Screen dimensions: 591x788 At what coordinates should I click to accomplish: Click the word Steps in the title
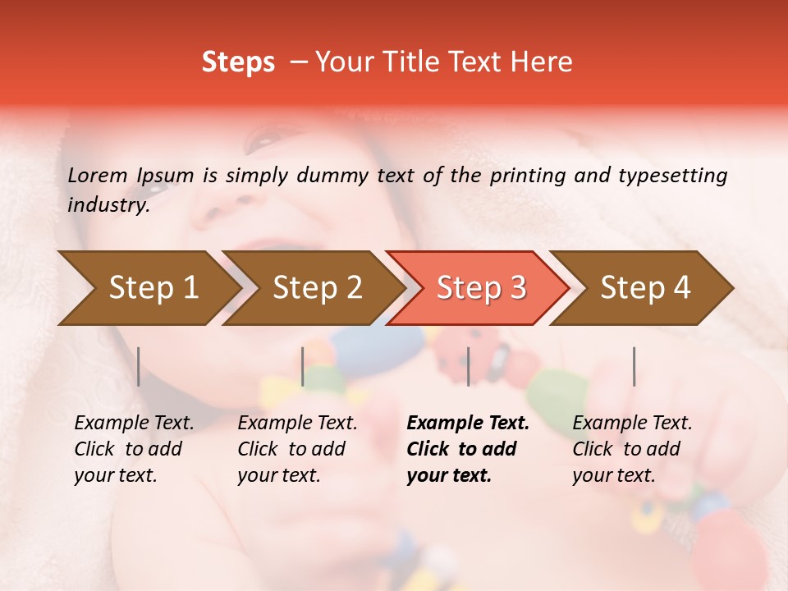238,62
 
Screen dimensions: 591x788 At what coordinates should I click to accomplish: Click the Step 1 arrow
153,287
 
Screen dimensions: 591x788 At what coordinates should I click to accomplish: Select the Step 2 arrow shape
318,287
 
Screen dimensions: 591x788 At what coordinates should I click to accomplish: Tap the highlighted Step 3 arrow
481,287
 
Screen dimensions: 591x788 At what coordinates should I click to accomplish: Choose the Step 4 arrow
645,287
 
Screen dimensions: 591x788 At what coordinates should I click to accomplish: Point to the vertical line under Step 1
139,366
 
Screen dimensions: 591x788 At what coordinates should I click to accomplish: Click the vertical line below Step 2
303,366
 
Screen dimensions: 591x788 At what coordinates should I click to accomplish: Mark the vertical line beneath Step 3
468,366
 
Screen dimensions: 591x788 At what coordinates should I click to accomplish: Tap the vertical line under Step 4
634,366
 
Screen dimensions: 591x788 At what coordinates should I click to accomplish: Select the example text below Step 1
134,448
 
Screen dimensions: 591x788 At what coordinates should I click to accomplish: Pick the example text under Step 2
297,448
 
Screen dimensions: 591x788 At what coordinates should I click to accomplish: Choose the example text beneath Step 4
632,448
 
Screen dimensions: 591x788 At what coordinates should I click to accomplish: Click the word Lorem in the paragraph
98,175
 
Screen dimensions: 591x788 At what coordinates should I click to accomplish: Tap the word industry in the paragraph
108,205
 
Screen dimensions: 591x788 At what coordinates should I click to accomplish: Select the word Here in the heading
545,62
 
